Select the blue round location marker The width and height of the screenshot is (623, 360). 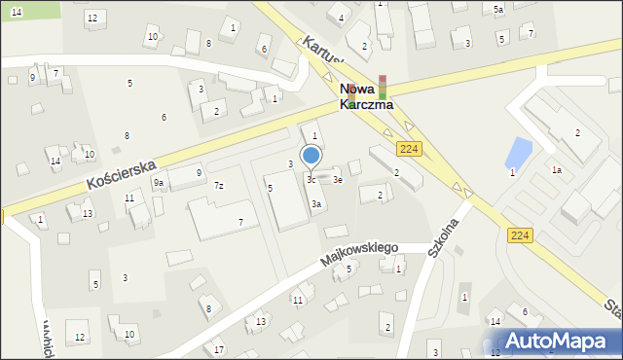(x=311, y=155)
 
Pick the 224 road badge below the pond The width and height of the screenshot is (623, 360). (x=519, y=234)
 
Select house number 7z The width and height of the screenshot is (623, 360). (x=219, y=186)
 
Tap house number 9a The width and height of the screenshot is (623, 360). (x=158, y=183)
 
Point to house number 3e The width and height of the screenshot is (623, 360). (x=338, y=179)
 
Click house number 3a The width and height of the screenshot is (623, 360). (x=316, y=204)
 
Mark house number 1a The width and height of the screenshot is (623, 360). (x=556, y=170)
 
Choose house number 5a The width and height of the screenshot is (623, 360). (x=497, y=10)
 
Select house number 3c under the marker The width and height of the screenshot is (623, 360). (x=311, y=179)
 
